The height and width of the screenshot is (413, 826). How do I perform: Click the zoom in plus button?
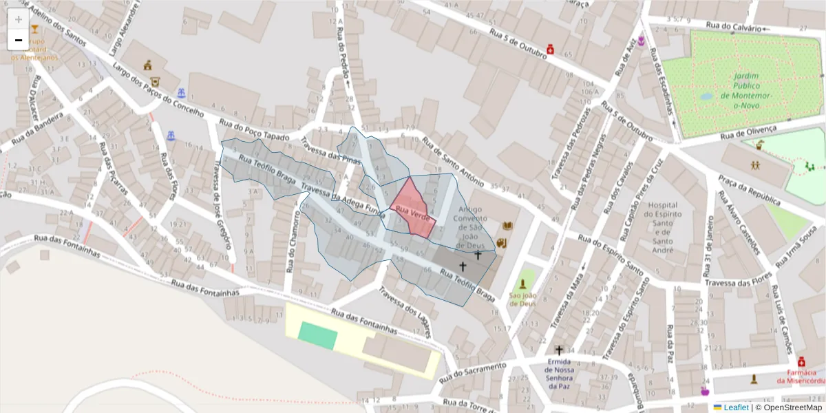(19, 19)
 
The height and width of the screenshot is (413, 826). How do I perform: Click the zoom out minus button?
(19, 40)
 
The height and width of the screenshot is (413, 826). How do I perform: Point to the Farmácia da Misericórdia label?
(801, 376)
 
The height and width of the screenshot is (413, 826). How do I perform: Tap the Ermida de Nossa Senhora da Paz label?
(559, 373)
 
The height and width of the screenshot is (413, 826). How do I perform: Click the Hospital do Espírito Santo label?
(664, 222)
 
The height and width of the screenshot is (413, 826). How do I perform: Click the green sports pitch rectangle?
(318, 335)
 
